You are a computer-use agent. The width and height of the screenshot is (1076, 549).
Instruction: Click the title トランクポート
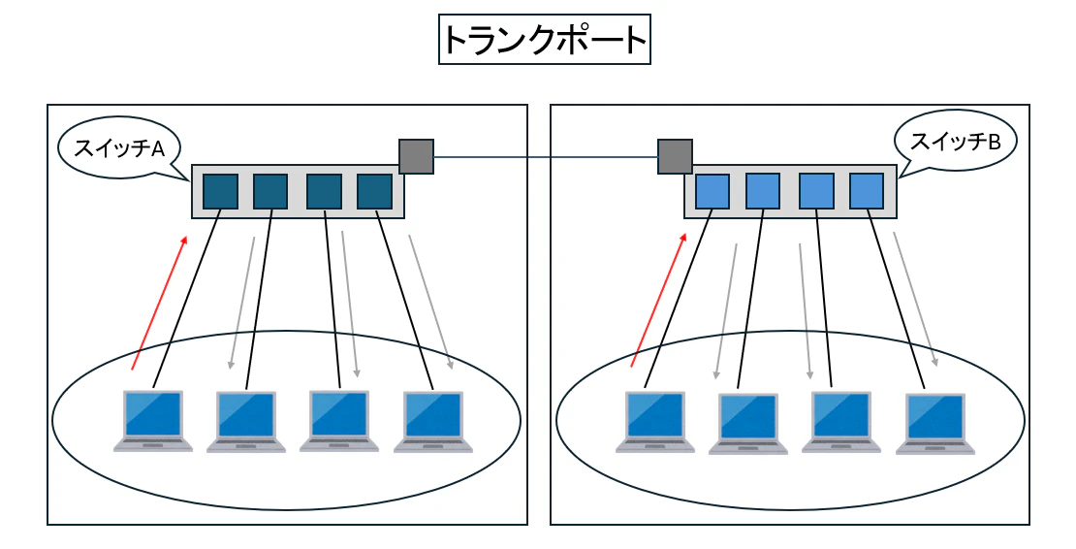tap(544, 40)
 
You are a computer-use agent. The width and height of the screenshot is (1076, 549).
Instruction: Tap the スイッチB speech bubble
tap(956, 142)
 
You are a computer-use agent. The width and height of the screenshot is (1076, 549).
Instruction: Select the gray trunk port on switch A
tap(416, 156)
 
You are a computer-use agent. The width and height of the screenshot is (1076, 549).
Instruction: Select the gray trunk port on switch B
tap(675, 156)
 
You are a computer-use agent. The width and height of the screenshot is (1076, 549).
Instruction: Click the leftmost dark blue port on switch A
tap(220, 191)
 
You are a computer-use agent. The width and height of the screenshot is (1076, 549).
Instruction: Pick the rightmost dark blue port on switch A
tap(374, 191)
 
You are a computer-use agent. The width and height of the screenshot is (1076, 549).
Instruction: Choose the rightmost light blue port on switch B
tap(866, 191)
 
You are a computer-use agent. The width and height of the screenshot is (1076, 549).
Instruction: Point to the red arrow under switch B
tap(659, 300)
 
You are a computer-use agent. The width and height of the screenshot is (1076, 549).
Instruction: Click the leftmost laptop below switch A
tap(153, 421)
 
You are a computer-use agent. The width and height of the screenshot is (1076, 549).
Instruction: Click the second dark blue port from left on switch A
tap(270, 191)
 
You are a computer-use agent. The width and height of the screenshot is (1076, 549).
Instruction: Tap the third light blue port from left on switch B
tap(816, 191)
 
